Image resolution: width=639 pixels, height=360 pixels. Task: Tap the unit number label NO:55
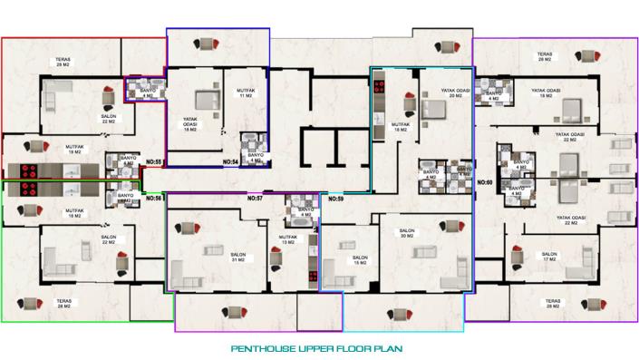coord(152,162)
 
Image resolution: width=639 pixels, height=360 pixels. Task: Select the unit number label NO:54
coord(230,162)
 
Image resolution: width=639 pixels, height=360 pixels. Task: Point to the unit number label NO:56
coord(152,197)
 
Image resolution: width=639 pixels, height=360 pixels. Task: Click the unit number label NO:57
coord(255,197)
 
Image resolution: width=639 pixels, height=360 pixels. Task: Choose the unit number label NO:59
coord(335,197)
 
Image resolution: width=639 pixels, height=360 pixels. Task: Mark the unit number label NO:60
coord(485,181)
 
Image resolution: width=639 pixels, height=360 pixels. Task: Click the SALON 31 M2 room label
coord(238,258)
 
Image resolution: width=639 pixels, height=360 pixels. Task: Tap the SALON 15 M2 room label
coord(360,260)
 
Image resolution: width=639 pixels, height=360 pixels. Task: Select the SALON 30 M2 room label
coord(408,234)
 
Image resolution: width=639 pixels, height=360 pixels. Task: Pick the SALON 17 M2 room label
coord(549,257)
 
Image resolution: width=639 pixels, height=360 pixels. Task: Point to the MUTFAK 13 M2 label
coord(287,239)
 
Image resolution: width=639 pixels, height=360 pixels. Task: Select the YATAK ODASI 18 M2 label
coord(190,122)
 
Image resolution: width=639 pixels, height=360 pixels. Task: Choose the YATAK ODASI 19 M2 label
coord(544,92)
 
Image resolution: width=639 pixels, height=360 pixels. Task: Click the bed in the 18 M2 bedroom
coord(206,98)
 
